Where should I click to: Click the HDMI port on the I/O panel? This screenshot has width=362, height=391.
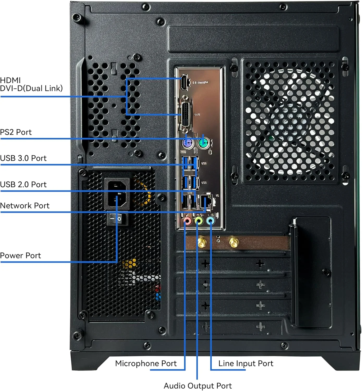184,82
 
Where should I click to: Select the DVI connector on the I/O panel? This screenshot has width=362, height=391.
185,114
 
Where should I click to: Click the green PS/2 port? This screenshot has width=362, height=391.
203,143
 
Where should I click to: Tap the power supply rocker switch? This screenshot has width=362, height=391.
117,219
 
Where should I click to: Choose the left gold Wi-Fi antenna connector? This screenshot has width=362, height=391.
201,242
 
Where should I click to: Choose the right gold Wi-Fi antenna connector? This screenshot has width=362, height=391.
234,242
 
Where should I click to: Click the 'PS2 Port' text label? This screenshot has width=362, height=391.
16,132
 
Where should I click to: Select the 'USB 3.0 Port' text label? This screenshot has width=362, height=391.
23,158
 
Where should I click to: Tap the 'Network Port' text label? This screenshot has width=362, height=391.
24,206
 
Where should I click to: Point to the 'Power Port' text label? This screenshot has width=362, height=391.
20,255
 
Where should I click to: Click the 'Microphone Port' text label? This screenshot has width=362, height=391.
146,363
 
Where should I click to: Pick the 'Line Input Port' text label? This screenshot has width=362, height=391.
246,363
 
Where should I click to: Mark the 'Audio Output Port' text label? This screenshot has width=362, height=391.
198,386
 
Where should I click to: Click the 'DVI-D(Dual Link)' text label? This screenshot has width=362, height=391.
31,88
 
